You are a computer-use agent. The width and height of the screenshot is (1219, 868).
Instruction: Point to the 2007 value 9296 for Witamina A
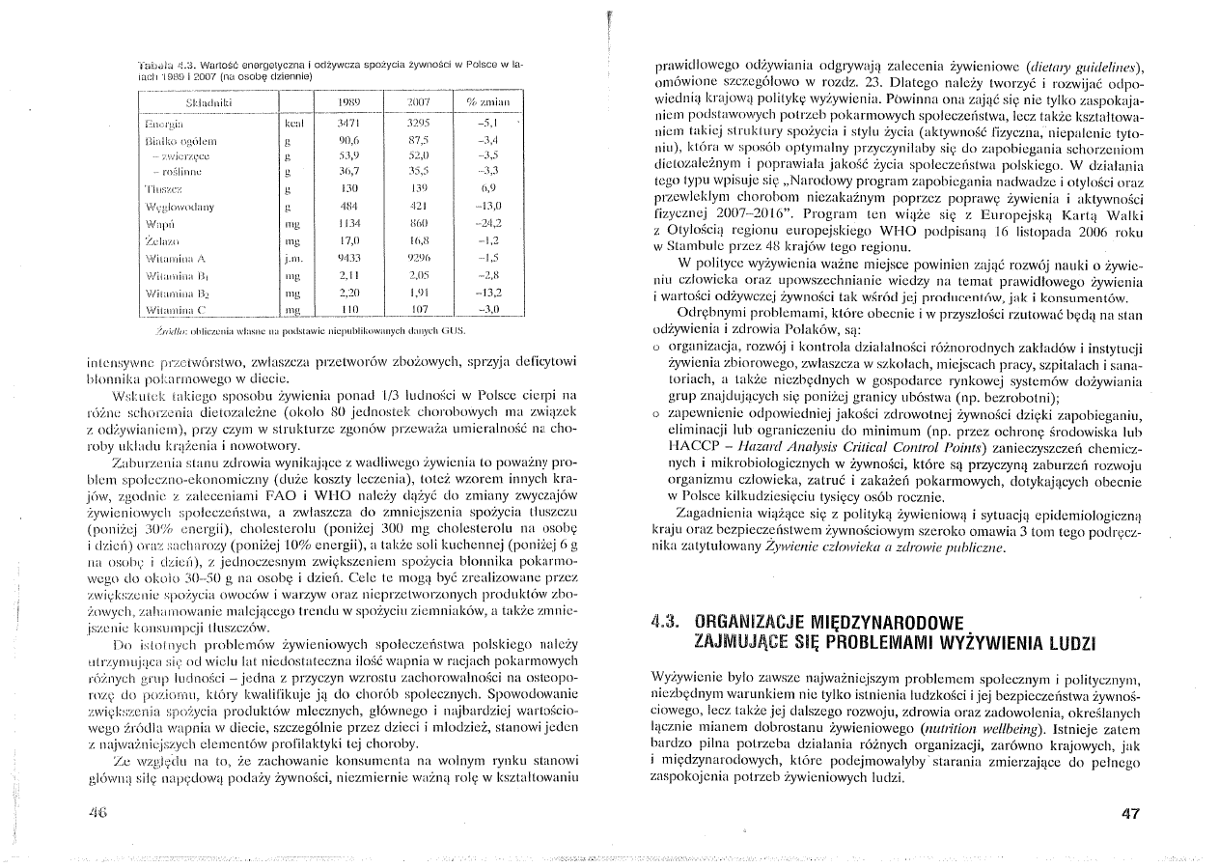(417, 259)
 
